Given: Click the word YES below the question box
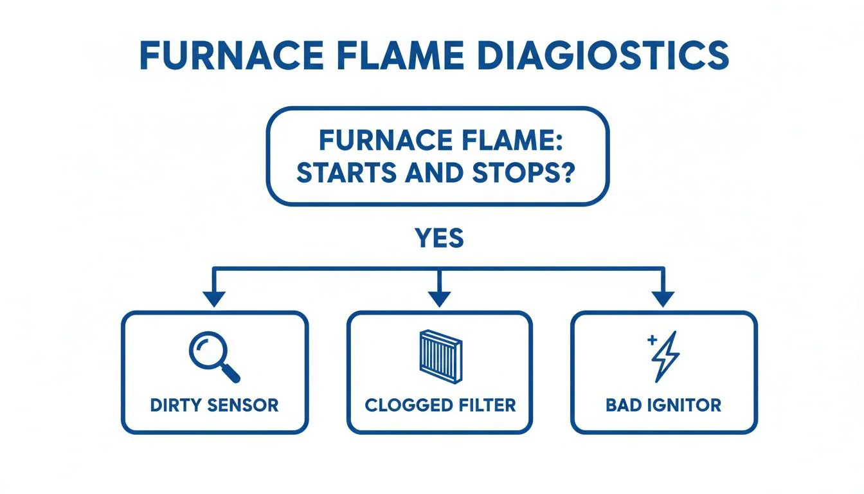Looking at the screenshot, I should pos(439,239).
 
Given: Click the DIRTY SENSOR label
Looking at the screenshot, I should pos(214,405).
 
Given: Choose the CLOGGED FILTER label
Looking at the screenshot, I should pos(440,405).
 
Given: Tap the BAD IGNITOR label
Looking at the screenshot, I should pos(663,405).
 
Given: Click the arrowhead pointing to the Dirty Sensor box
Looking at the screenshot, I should pos(214,298).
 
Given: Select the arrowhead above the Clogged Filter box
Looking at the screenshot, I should pos(439,298).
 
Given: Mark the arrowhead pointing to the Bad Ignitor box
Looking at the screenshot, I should pos(663,298).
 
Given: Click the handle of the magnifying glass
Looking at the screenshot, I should pos(231,372).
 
